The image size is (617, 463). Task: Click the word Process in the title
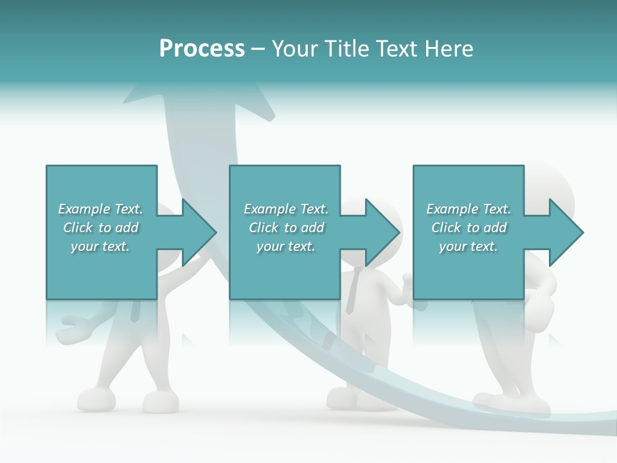(202, 49)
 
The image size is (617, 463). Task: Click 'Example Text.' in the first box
(100, 209)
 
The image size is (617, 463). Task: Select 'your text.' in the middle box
(286, 246)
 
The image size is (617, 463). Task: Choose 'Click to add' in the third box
(469, 228)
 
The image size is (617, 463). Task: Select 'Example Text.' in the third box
(469, 209)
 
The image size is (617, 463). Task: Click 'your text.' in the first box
(100, 246)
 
